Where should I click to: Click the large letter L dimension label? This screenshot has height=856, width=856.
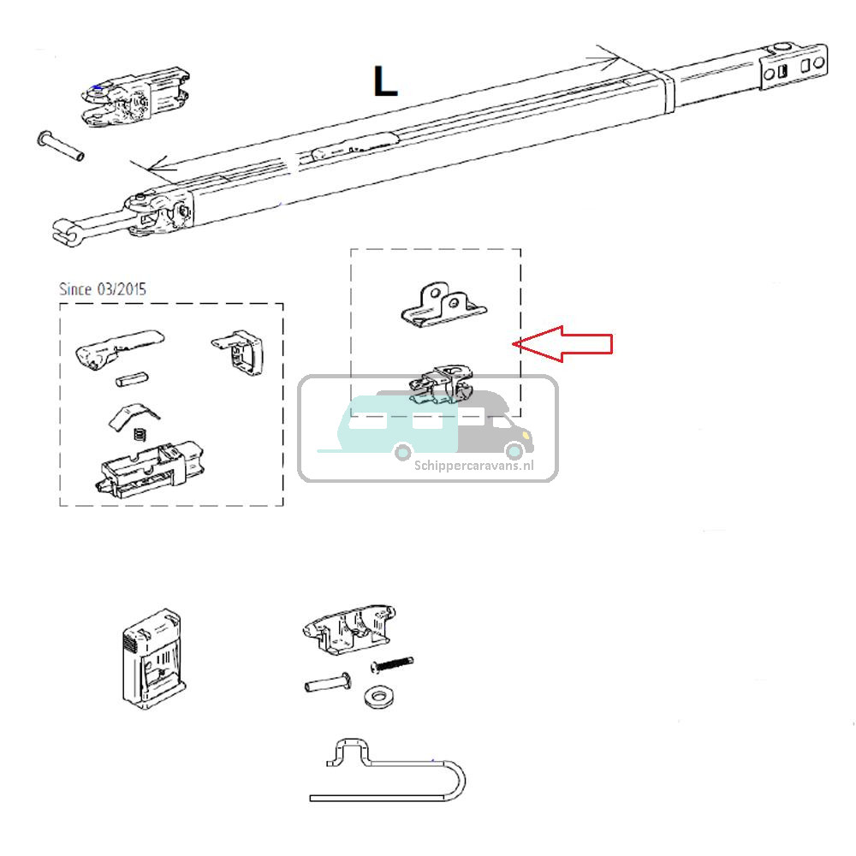(385, 81)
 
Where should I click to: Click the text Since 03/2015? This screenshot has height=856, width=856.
(102, 289)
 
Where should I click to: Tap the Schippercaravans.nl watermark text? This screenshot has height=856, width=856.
(473, 466)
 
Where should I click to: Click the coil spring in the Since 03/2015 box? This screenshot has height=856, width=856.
(140, 437)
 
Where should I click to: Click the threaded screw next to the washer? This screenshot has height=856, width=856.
(392, 664)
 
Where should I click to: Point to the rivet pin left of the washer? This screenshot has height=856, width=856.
(326, 685)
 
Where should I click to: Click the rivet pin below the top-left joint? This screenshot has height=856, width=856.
(61, 146)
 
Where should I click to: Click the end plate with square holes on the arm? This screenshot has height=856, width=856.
(795, 67)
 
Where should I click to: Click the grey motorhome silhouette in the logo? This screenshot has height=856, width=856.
(496, 428)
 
